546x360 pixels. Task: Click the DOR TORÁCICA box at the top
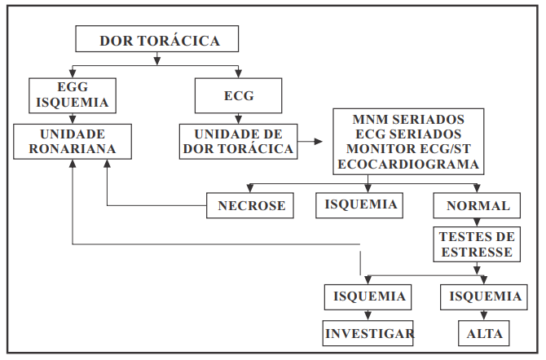(157, 40)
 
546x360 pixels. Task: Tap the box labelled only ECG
(238, 95)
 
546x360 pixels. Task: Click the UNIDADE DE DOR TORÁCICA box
(238, 141)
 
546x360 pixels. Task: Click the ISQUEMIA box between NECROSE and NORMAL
(359, 204)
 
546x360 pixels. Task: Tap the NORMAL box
(478, 205)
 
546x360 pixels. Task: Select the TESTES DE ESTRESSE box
(477, 244)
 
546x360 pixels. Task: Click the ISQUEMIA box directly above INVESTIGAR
(366, 296)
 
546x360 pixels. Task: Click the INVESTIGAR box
(369, 333)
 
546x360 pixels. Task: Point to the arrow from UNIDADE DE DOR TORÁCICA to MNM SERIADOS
(310, 141)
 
